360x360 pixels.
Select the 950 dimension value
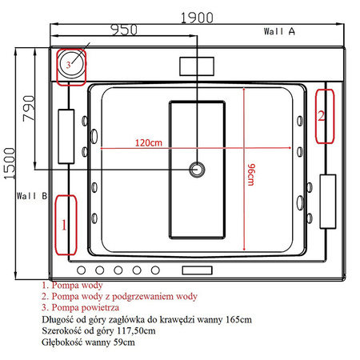(x=121, y=30)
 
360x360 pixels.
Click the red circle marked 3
(x=70, y=63)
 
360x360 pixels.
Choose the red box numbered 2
(x=322, y=115)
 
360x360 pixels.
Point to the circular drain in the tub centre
(x=197, y=169)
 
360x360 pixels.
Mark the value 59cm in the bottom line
(x=123, y=342)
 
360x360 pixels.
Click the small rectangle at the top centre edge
(x=197, y=66)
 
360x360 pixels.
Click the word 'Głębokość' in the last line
(x=62, y=342)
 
